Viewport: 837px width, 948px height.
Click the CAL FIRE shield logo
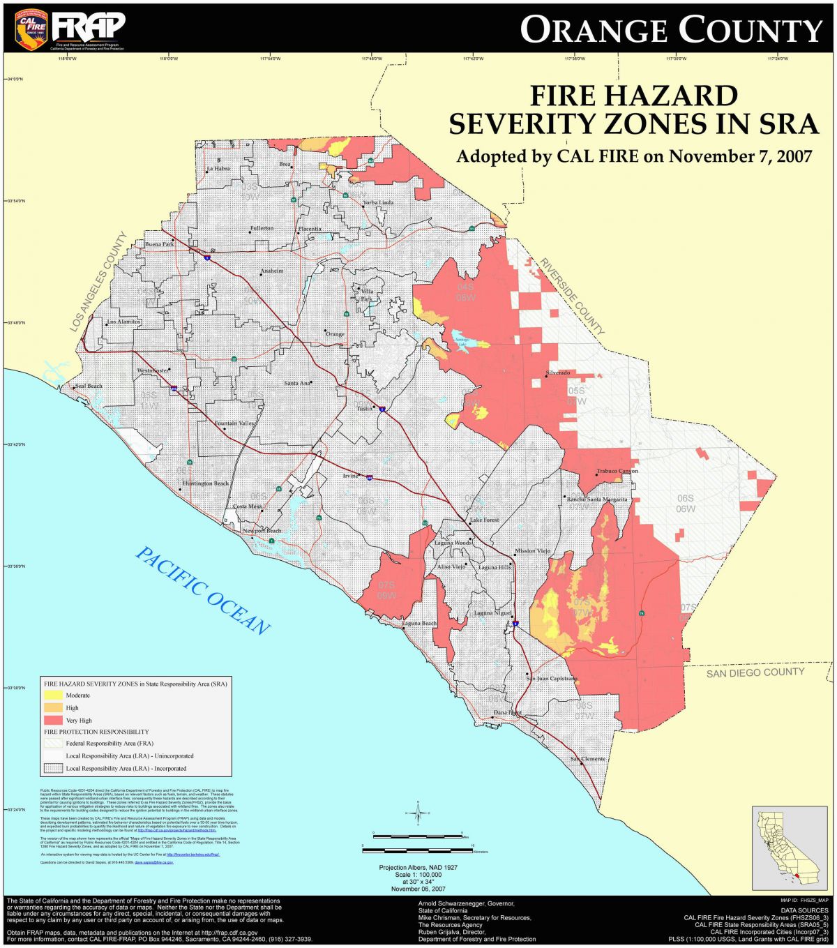(x=31, y=28)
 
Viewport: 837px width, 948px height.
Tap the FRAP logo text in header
(x=89, y=26)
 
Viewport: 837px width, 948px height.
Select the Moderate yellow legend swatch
(x=53, y=695)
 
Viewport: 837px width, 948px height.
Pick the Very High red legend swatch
(x=53, y=720)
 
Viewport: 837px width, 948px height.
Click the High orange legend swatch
(x=53, y=707)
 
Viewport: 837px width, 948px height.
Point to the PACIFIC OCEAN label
(x=202, y=591)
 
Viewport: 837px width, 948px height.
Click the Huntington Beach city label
(x=206, y=483)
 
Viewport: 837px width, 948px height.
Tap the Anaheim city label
(x=272, y=271)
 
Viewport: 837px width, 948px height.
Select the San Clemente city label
(x=588, y=759)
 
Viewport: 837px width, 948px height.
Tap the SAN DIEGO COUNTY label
(x=755, y=672)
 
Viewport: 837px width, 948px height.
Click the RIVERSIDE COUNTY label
(x=571, y=296)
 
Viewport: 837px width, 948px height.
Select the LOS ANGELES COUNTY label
(x=98, y=281)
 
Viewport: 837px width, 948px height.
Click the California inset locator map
(x=789, y=848)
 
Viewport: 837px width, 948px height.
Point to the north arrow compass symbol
(x=418, y=813)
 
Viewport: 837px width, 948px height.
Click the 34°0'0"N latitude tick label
(x=14, y=80)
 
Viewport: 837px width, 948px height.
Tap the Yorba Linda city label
(x=378, y=202)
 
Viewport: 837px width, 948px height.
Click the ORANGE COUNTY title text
(x=671, y=30)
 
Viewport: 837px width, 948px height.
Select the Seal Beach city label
(x=89, y=386)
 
